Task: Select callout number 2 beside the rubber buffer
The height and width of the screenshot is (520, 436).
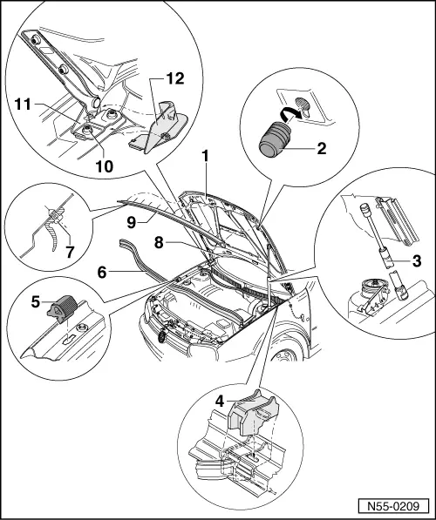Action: pyautogui.click(x=322, y=150)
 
